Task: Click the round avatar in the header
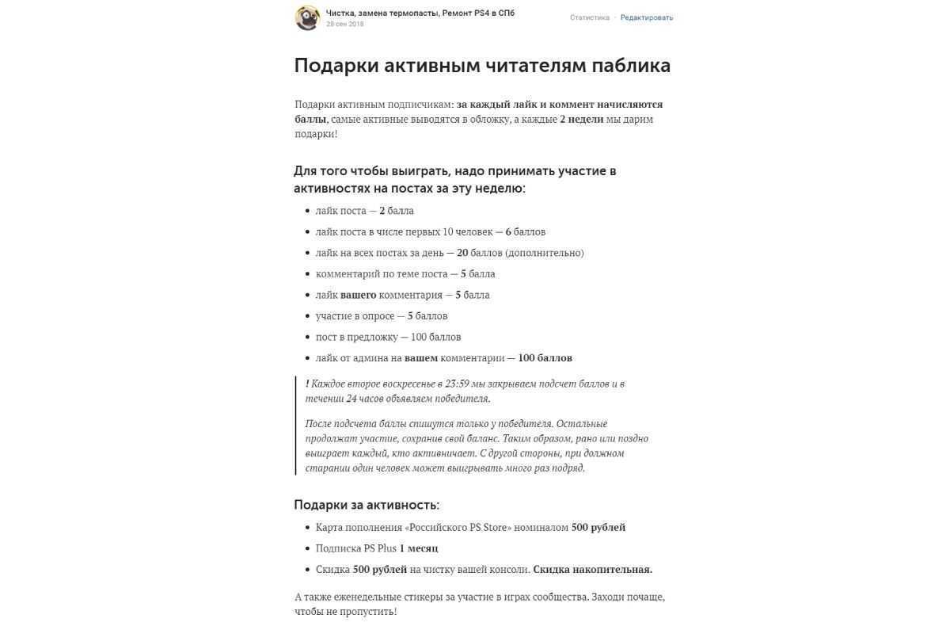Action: tap(307, 17)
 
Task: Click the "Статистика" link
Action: tap(590, 17)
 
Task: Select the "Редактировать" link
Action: tap(647, 17)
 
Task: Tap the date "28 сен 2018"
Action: tap(345, 25)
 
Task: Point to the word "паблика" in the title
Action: tap(631, 66)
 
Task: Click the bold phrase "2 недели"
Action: tap(581, 120)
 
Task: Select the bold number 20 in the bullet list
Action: tap(462, 253)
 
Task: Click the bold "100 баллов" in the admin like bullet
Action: tap(545, 358)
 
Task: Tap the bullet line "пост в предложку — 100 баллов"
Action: tap(388, 337)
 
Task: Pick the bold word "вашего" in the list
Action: tap(358, 295)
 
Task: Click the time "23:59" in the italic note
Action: tap(458, 384)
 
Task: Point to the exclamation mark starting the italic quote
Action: tap(307, 384)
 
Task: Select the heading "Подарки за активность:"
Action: tap(367, 505)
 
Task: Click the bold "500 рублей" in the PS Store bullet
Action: tap(598, 528)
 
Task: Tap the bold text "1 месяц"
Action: tap(418, 548)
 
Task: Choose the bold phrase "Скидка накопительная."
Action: tap(592, 570)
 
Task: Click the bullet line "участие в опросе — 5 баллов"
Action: tap(382, 316)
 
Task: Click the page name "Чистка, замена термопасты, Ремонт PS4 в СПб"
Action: tap(420, 13)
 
